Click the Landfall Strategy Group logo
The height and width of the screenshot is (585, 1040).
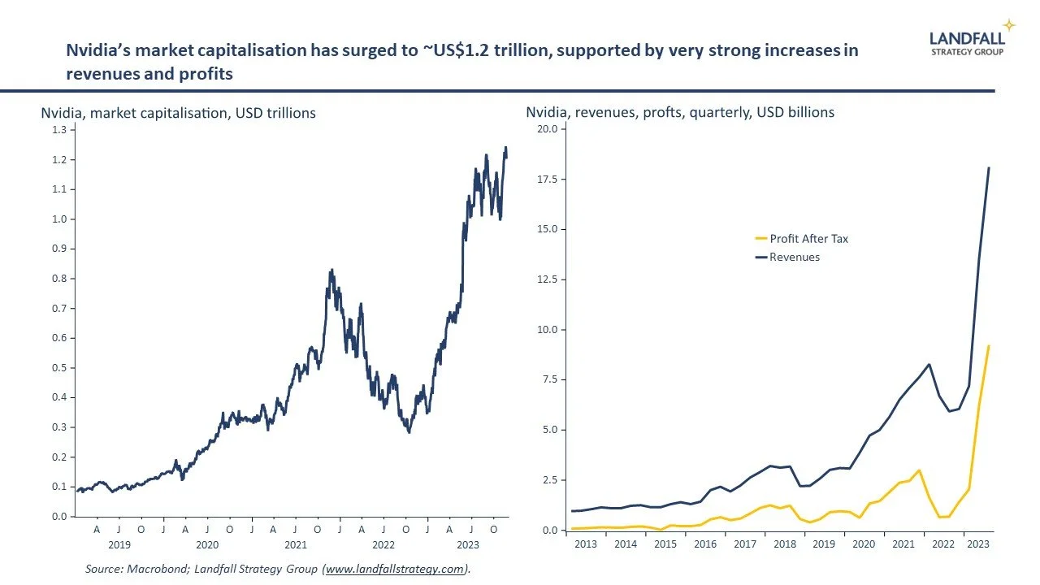pyautogui.click(x=967, y=42)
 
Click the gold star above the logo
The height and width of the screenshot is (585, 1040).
pyautogui.click(x=1009, y=24)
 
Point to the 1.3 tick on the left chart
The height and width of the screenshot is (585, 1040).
pyautogui.click(x=59, y=130)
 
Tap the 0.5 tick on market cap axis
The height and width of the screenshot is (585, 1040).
pyautogui.click(x=59, y=368)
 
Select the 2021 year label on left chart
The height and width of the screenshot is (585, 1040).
pyautogui.click(x=295, y=544)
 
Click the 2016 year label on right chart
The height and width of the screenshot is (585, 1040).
pyautogui.click(x=704, y=544)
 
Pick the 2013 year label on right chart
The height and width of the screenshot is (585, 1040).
pyautogui.click(x=585, y=544)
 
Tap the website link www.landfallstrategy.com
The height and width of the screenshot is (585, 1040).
pyautogui.click(x=396, y=570)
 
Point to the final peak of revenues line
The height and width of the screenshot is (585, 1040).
pyautogui.click(x=989, y=168)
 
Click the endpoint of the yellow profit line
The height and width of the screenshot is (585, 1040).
pyautogui.click(x=989, y=346)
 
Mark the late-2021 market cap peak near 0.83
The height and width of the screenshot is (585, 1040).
pyautogui.click(x=331, y=270)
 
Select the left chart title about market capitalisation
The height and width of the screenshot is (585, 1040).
pyautogui.click(x=178, y=113)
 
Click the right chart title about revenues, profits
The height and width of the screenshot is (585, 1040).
pyautogui.click(x=680, y=113)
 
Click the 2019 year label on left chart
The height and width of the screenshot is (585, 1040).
pyautogui.click(x=119, y=544)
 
